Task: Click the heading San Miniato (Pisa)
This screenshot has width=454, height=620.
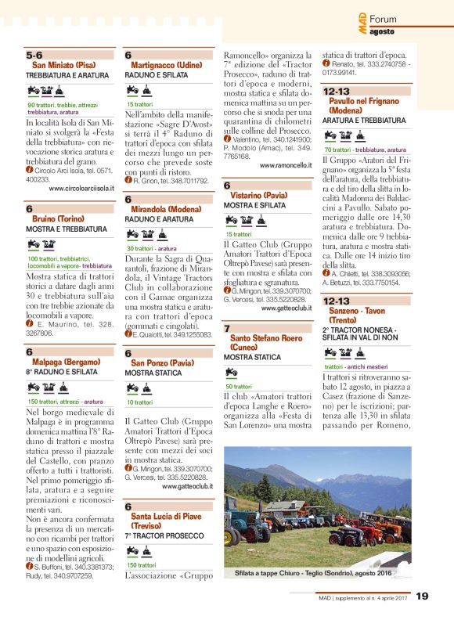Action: [64, 65]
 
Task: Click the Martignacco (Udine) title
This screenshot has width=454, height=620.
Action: [166, 65]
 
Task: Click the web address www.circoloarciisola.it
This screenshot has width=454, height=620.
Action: [81, 189]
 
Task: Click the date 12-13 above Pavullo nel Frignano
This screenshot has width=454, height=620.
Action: [337, 92]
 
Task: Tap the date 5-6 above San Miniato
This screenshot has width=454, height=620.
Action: [34, 56]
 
